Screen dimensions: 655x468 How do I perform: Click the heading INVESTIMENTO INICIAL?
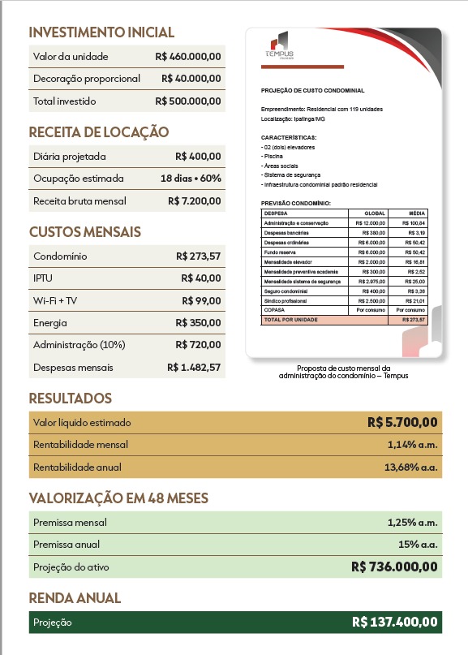click(x=101, y=32)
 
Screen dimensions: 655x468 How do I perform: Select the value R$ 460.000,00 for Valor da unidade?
click(x=187, y=57)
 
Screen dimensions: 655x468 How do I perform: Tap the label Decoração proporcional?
click(x=87, y=79)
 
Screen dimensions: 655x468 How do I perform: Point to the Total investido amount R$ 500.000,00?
click(x=187, y=101)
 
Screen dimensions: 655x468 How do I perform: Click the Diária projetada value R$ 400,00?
click(x=198, y=156)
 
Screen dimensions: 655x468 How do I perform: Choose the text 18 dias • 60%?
click(x=191, y=179)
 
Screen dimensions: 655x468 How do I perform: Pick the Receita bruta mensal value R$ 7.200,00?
click(x=194, y=200)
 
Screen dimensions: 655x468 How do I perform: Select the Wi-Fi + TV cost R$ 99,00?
click(x=201, y=300)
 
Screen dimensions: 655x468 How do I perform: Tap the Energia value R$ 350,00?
click(x=198, y=323)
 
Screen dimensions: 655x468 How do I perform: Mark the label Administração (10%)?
click(x=79, y=345)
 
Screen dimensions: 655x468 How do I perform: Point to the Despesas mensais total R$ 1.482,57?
click(x=194, y=368)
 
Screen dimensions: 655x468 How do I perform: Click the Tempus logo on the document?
click(x=279, y=47)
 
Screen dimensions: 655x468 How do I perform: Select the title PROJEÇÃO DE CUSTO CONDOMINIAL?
click(x=312, y=91)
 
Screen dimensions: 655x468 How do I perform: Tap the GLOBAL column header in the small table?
click(x=376, y=213)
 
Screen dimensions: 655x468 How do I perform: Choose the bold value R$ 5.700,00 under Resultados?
click(x=402, y=422)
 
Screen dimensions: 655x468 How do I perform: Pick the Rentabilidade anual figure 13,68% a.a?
click(x=410, y=468)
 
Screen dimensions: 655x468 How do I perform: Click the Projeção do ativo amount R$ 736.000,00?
click(x=395, y=567)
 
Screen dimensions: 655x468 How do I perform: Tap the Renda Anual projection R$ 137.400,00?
click(x=395, y=623)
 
